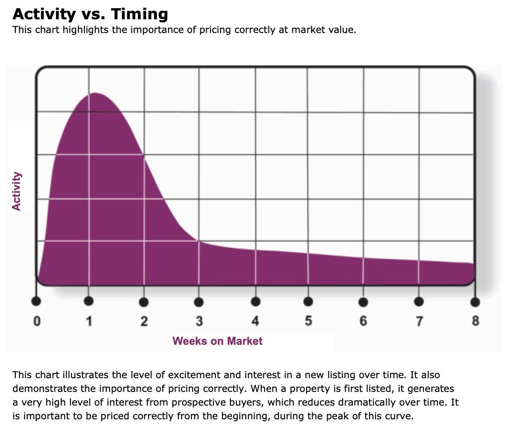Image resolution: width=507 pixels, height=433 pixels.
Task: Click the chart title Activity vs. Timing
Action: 90,14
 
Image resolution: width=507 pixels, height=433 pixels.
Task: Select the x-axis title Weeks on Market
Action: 217,341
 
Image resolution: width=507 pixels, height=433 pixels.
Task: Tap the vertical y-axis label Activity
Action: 16,191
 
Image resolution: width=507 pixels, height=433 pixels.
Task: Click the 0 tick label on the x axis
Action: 37,321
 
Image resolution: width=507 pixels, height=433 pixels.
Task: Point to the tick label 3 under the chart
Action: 199,321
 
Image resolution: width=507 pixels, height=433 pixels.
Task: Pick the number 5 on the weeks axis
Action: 308,321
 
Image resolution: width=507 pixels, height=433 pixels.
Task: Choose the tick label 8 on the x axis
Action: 475,321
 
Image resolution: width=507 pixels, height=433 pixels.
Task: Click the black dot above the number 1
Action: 89,301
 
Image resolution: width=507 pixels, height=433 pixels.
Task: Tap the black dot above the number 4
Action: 256,302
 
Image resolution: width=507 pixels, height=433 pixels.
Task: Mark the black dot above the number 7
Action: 419,302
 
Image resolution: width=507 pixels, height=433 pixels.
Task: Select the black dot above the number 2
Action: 144,302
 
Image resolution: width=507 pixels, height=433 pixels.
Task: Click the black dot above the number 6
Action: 363,302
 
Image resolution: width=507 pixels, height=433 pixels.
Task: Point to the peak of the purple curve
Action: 94,93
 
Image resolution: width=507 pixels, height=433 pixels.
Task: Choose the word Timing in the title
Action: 140,14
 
